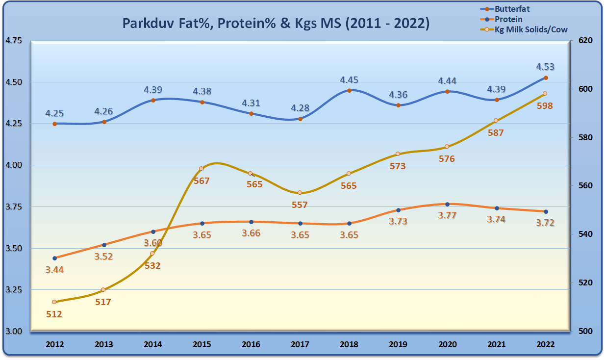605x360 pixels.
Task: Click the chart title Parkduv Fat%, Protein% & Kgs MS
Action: (x=276, y=24)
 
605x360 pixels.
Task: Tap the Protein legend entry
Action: (x=508, y=19)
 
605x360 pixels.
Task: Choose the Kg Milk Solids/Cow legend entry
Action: (x=530, y=29)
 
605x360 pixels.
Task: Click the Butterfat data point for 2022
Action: (x=546, y=77)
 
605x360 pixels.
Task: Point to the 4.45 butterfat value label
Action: (x=349, y=80)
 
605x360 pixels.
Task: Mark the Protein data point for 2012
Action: (x=54, y=258)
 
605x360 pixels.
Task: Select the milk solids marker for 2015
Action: (x=202, y=169)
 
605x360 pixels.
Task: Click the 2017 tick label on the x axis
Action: (x=300, y=344)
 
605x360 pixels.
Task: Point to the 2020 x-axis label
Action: (x=447, y=344)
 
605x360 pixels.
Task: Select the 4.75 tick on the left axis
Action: (x=14, y=41)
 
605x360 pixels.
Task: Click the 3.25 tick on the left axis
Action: (x=14, y=290)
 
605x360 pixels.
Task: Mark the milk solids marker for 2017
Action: (x=300, y=193)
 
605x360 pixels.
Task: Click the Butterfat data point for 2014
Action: (x=153, y=100)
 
